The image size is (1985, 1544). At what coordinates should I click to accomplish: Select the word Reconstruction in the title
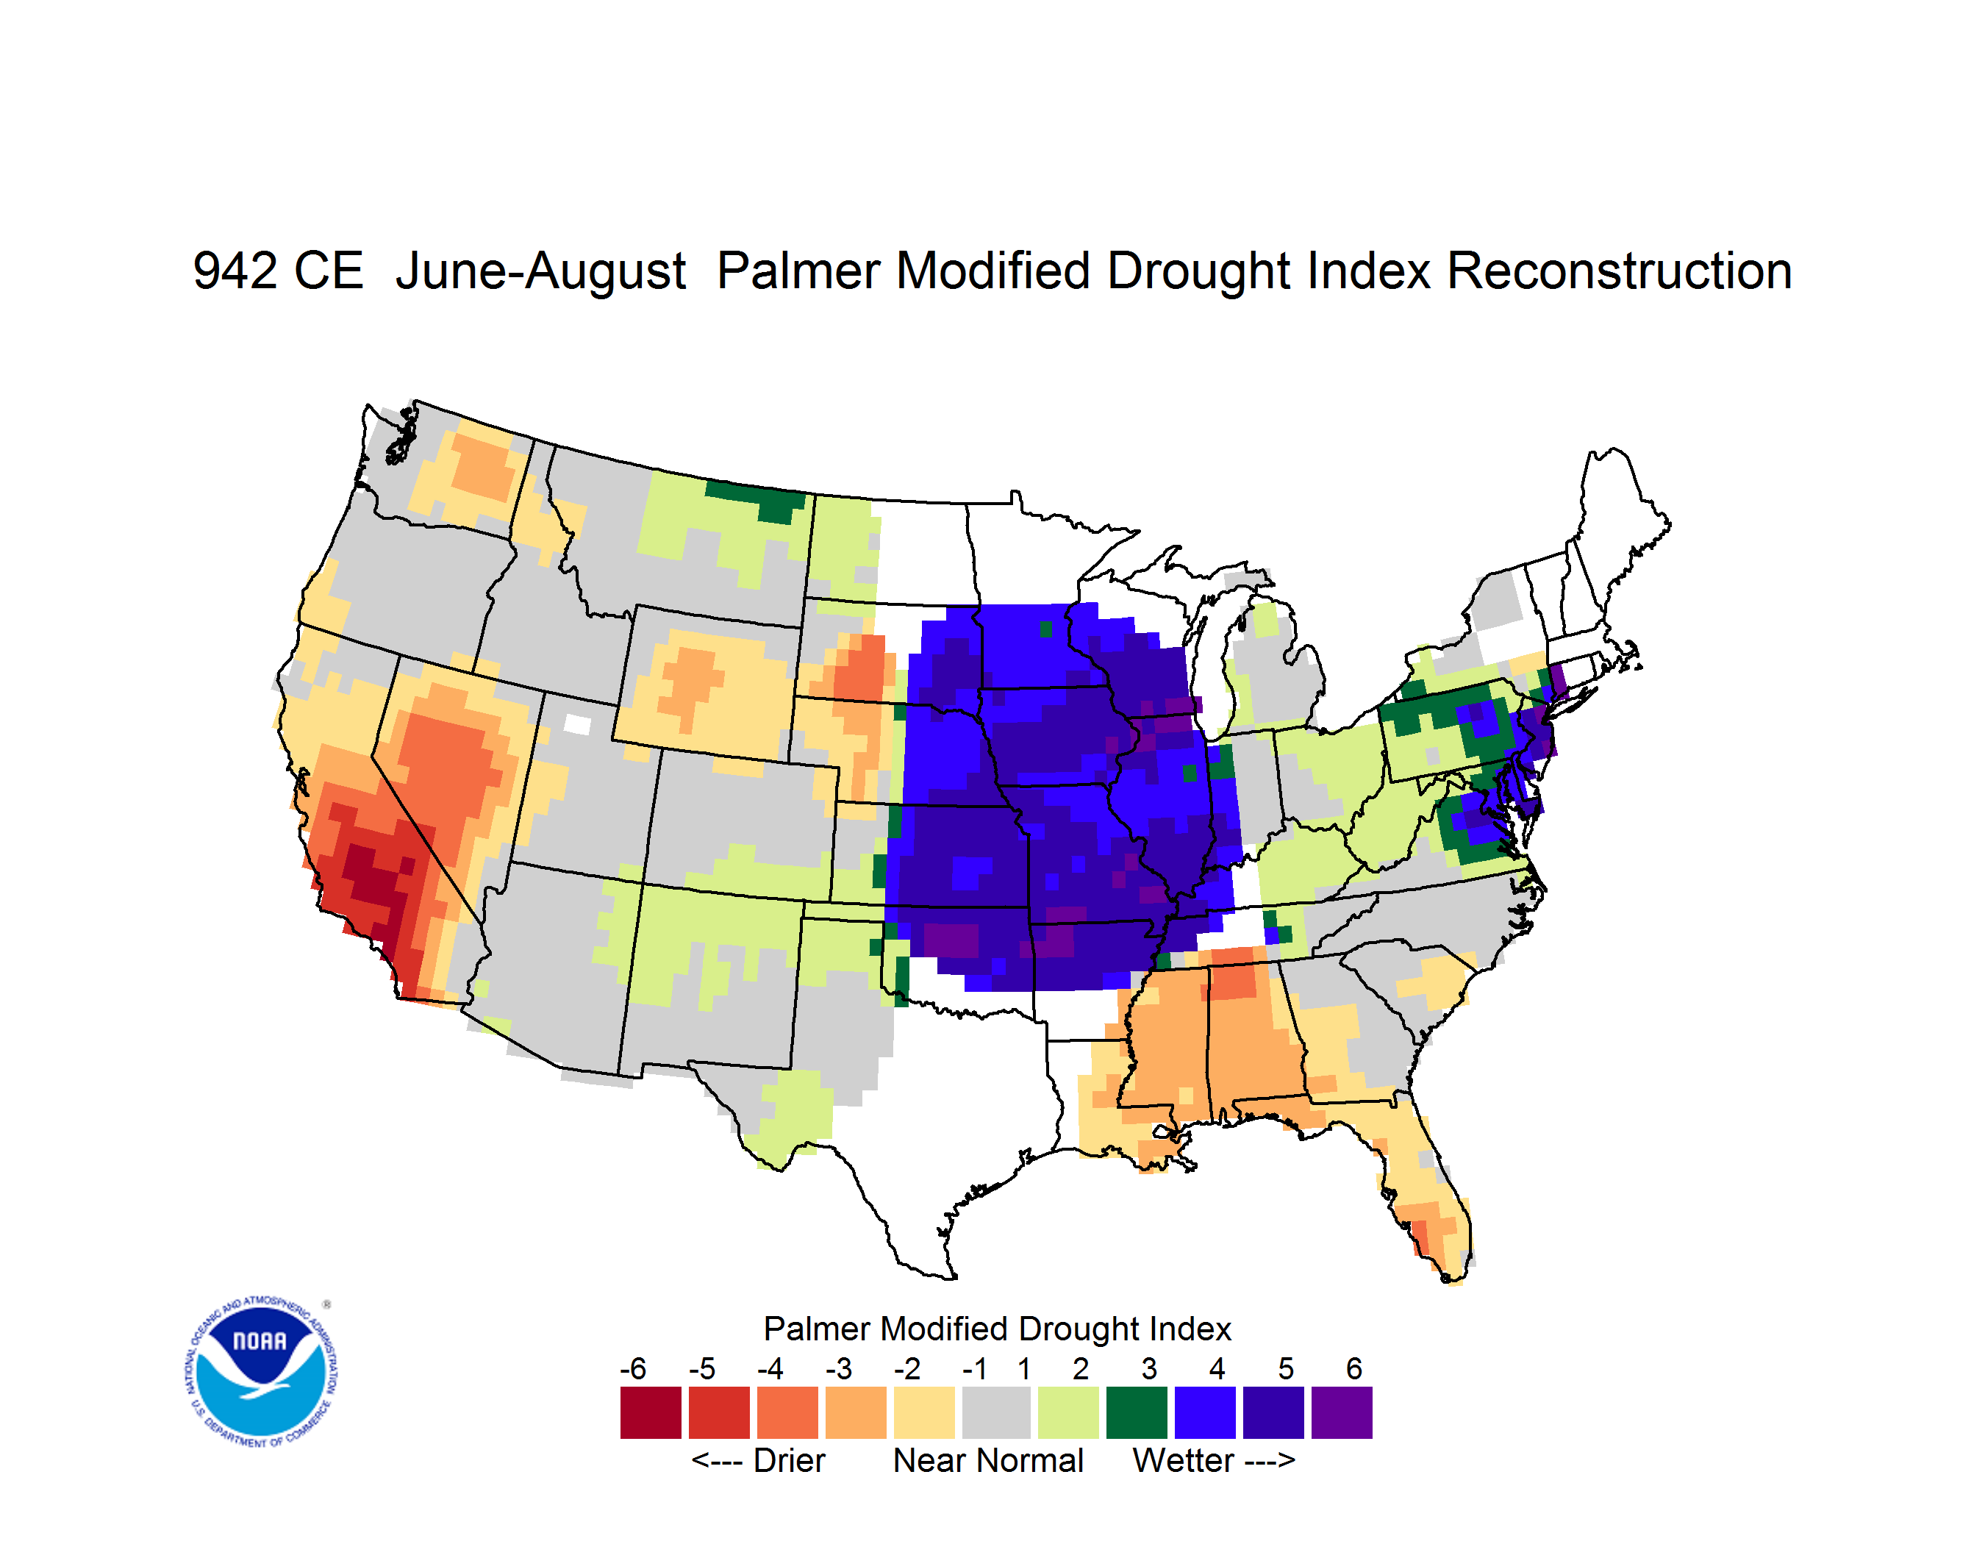[x=1619, y=271]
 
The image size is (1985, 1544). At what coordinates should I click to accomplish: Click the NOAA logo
[x=261, y=1372]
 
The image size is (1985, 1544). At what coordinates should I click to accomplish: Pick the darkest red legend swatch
[x=651, y=1412]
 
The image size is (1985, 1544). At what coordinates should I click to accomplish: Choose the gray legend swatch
[x=996, y=1412]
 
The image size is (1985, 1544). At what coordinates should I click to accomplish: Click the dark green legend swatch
[x=1136, y=1412]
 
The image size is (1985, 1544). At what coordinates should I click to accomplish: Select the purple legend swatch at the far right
[x=1342, y=1412]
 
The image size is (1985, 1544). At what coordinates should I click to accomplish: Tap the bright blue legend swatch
[x=1205, y=1412]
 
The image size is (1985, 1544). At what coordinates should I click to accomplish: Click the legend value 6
[x=1354, y=1368]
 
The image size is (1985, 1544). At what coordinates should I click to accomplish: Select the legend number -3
[x=839, y=1368]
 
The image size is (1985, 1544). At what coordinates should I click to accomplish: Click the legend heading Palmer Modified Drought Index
[x=997, y=1329]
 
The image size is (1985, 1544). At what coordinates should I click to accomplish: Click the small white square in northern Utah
[x=577, y=724]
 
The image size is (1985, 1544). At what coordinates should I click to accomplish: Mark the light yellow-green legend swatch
[x=1068, y=1412]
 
